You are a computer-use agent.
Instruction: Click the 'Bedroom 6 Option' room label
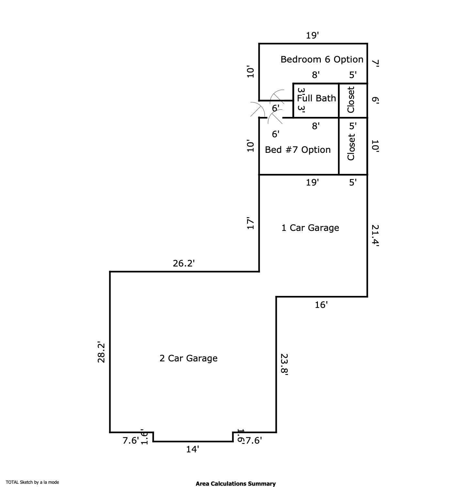[x=322, y=60]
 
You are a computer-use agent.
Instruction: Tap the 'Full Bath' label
[x=316, y=98]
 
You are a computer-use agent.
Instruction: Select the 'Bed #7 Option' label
[x=297, y=150]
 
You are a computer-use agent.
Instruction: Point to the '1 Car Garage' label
[x=310, y=228]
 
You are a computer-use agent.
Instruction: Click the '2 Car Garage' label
[x=189, y=358]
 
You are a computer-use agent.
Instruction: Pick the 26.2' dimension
[x=183, y=264]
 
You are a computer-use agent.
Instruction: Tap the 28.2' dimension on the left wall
[x=102, y=352]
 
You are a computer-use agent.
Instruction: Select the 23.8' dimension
[x=284, y=364]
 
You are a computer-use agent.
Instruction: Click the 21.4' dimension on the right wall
[x=375, y=236]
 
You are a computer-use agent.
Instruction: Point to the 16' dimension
[x=321, y=305]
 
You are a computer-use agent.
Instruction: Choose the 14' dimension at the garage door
[x=192, y=449]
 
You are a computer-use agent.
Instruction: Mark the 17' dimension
[x=251, y=223]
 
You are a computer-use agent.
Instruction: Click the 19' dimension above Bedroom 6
[x=313, y=36]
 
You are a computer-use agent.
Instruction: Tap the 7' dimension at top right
[x=375, y=63]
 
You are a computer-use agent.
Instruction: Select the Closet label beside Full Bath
[x=351, y=100]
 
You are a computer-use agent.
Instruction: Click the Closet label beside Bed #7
[x=351, y=147]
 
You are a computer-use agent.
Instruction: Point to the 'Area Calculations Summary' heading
[x=235, y=484]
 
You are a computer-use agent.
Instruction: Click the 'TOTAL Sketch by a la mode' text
[x=32, y=482]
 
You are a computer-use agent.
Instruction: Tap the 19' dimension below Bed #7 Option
[x=312, y=183]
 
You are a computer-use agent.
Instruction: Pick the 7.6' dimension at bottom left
[x=131, y=441]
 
